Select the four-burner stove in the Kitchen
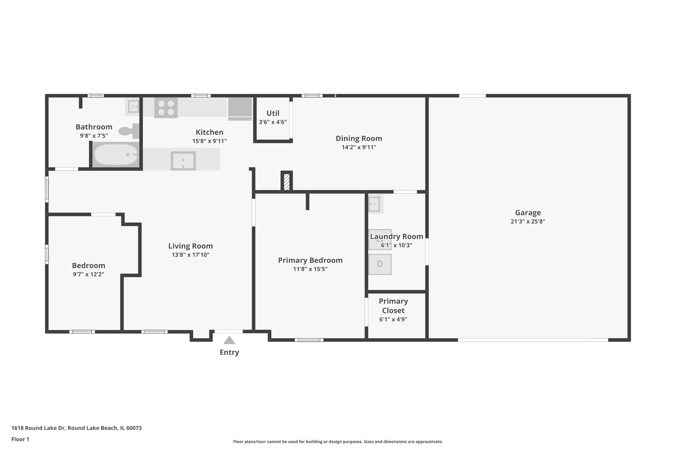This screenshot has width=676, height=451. [x=166, y=108]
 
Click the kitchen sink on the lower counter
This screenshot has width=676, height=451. [x=183, y=161]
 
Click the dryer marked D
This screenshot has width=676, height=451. [x=380, y=264]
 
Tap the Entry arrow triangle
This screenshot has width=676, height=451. [x=229, y=340]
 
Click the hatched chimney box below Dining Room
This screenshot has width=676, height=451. [x=287, y=181]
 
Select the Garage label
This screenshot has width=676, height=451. [x=528, y=213]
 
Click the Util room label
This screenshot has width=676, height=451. [x=273, y=113]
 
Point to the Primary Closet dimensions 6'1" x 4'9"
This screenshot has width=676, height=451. [x=393, y=319]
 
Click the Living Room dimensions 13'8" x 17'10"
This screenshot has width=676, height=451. [x=190, y=255]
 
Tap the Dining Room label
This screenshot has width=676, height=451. [x=359, y=138]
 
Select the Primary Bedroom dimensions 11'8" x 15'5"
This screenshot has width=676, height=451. [x=310, y=269]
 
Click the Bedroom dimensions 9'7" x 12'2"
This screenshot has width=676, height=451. [x=88, y=274]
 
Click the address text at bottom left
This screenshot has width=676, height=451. [x=77, y=428]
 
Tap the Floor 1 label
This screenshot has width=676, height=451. [x=20, y=439]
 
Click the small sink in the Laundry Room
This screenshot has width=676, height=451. [x=374, y=204]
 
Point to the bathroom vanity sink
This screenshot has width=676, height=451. [x=133, y=107]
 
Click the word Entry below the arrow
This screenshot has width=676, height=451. [x=229, y=352]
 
